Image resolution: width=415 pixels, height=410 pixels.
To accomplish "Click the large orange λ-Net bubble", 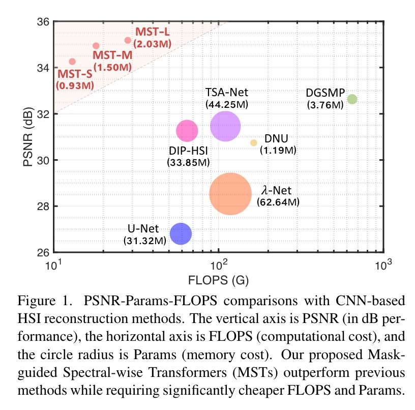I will point(230,194).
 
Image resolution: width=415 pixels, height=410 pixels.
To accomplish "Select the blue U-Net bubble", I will point(181,233).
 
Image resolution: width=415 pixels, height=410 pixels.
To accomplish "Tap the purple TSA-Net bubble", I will point(225,126).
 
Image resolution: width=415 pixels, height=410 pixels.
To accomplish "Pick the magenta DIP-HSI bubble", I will point(187,131).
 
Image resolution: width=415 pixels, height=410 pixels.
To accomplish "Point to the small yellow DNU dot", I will point(254,143).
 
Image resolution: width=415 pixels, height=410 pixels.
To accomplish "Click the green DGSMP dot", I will point(352,99).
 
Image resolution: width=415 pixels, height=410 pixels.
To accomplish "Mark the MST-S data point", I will point(72,62).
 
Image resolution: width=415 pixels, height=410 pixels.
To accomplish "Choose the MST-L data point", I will point(128,40).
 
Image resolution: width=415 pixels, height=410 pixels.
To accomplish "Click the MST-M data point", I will point(96,46).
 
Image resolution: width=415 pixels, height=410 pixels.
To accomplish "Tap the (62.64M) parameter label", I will point(278,202).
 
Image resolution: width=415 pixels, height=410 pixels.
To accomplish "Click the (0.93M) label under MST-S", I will point(74,85).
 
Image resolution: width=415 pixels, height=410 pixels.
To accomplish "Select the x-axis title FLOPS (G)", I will point(218,280).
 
